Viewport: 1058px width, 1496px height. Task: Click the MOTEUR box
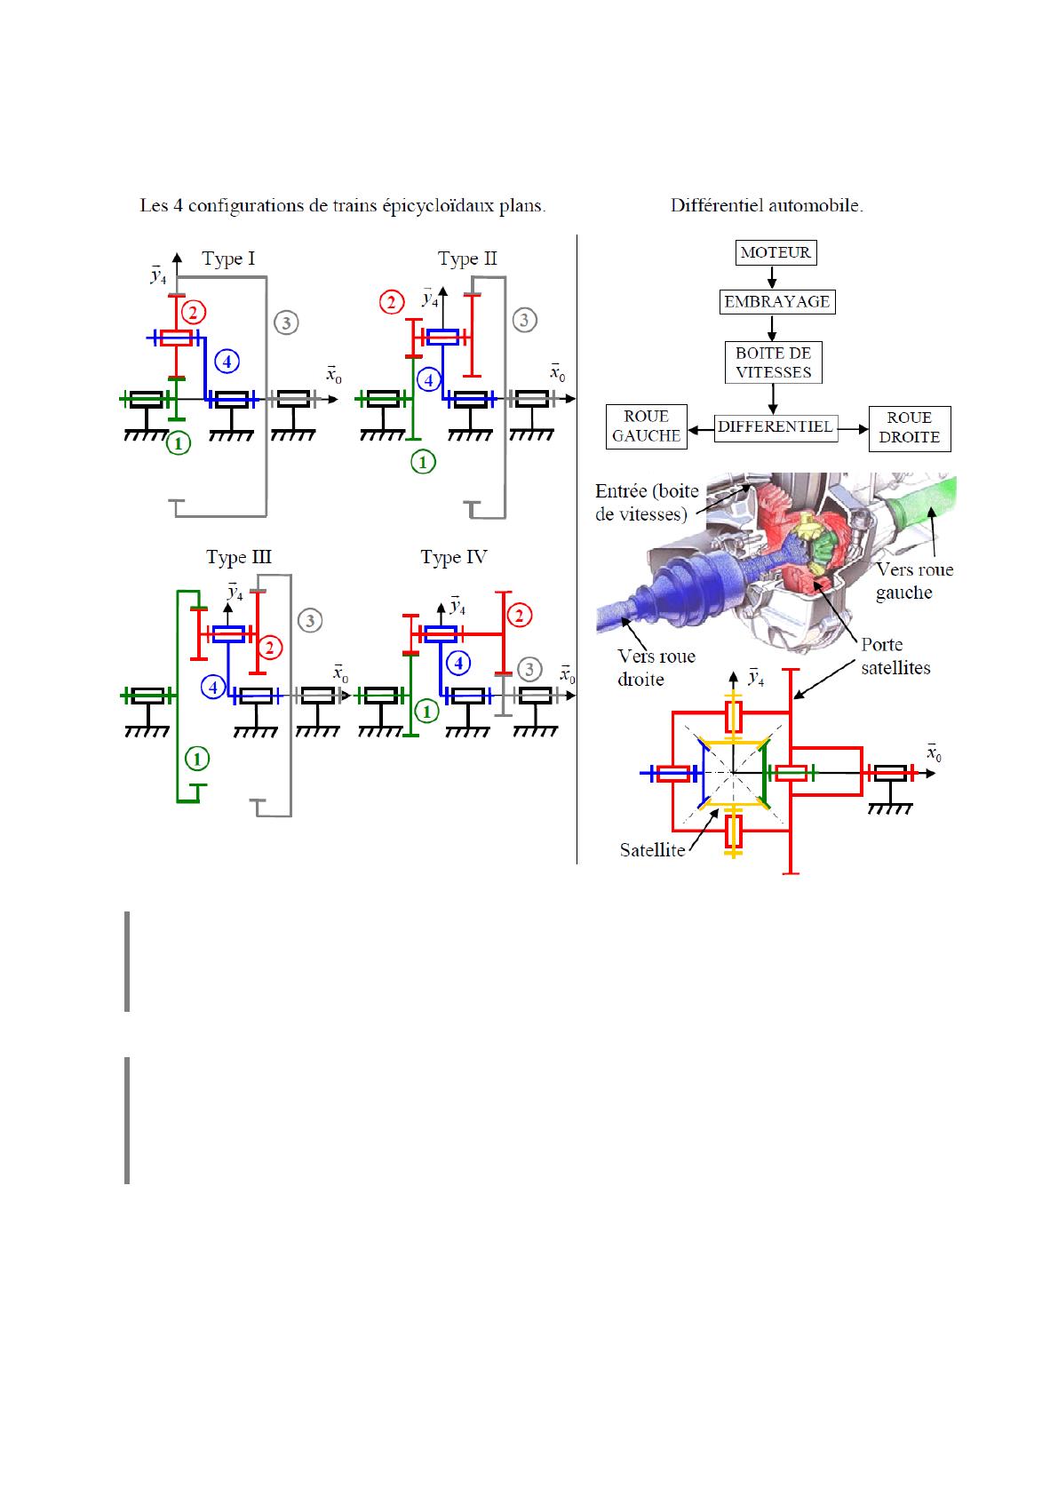pos(776,252)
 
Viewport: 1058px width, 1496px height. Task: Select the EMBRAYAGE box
pos(776,301)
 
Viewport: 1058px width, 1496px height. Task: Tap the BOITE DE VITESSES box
pos(773,362)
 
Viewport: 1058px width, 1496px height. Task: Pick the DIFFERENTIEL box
pos(775,426)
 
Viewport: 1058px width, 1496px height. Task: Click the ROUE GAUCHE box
pos(646,426)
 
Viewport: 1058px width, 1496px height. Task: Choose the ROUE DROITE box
pos(909,427)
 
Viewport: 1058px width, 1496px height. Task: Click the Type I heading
pos(228,259)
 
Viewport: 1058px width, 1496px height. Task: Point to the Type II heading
pos(467,259)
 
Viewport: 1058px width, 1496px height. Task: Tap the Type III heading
pos(239,557)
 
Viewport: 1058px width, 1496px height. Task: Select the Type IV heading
pos(453,557)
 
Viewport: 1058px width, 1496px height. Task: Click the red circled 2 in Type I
pos(193,312)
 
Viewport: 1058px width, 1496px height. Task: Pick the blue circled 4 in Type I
pos(227,362)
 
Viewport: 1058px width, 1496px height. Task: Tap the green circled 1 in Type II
pos(423,461)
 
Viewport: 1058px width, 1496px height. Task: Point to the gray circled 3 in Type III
pos(309,620)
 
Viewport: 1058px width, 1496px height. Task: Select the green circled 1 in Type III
pos(196,758)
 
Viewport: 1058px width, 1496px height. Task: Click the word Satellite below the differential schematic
pos(652,850)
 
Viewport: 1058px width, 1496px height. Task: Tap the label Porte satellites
pos(895,656)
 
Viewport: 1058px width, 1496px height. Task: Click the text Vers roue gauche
pos(914,581)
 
